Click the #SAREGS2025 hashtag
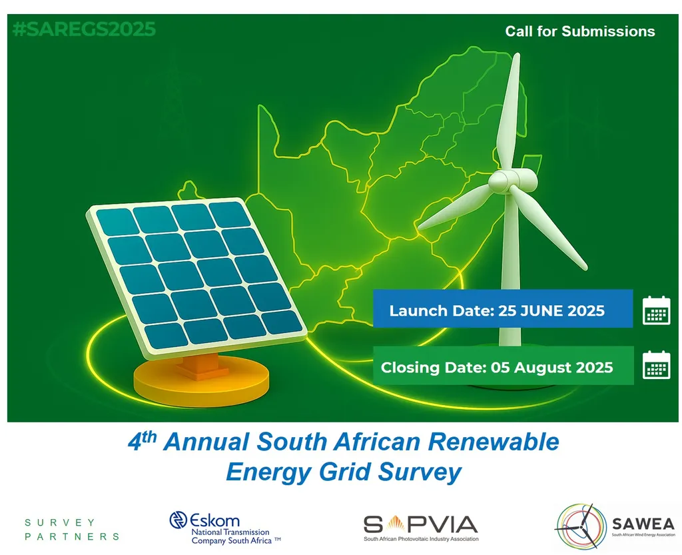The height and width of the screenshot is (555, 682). [85, 29]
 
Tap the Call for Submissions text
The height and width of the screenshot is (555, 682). [580, 31]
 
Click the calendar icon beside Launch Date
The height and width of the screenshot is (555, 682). [656, 310]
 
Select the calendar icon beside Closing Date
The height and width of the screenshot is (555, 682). [656, 364]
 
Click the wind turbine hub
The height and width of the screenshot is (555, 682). [511, 181]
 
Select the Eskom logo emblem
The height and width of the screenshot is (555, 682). [178, 520]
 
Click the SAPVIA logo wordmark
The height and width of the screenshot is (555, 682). [421, 524]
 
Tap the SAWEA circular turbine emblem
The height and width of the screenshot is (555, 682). [581, 526]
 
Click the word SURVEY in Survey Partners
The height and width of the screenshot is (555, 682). [59, 522]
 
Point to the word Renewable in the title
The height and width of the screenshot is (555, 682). [494, 442]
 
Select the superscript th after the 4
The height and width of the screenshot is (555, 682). [149, 436]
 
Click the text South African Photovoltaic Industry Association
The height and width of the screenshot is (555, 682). [421, 539]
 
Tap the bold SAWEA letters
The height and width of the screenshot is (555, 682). [643, 523]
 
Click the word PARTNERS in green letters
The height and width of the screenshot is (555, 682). [72, 536]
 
